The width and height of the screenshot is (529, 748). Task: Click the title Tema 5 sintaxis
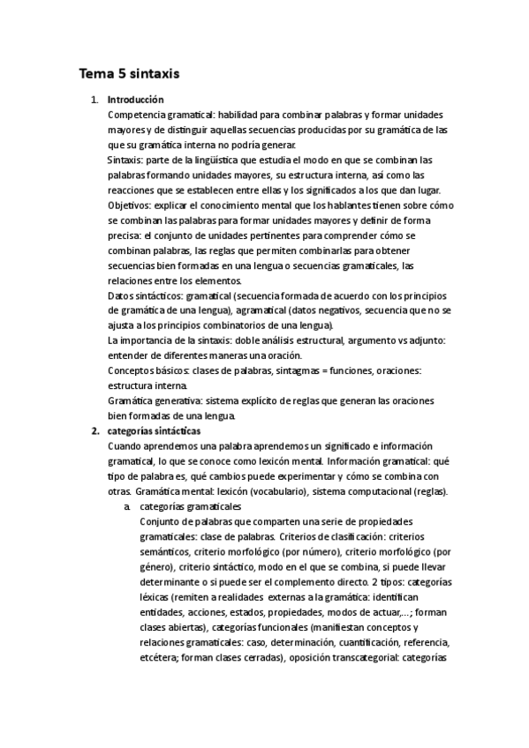(129, 75)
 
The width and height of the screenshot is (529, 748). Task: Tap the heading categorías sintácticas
(154, 430)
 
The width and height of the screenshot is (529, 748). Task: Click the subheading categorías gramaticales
(189, 506)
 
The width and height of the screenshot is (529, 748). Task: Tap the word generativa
(172, 401)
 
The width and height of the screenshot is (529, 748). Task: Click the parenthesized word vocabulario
(293, 491)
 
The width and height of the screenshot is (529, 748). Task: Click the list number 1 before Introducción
(94, 100)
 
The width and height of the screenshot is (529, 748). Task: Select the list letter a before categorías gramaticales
(127, 506)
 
